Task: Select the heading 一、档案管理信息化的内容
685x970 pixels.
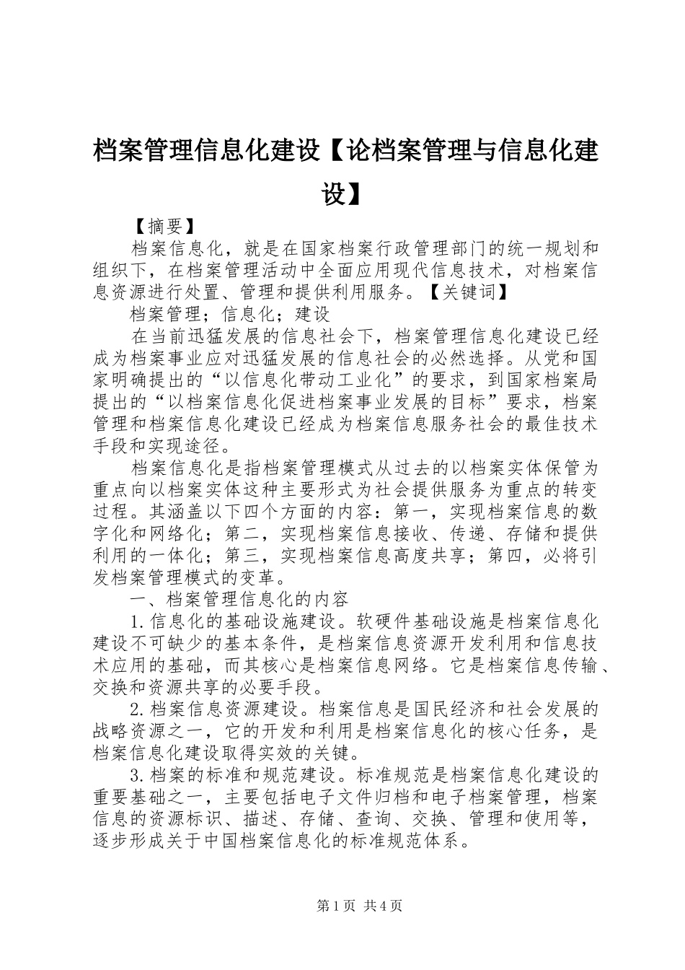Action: point(239,598)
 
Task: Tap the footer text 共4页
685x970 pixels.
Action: point(383,906)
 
